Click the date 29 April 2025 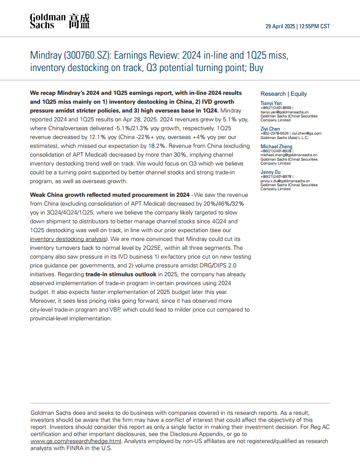click(x=279, y=26)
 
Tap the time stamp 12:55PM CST click(x=315, y=26)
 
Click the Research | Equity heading click(x=284, y=94)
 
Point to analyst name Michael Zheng click(x=276, y=146)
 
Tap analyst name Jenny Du click(x=271, y=172)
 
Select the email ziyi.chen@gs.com click(x=307, y=133)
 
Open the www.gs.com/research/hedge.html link click(x=69, y=441)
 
